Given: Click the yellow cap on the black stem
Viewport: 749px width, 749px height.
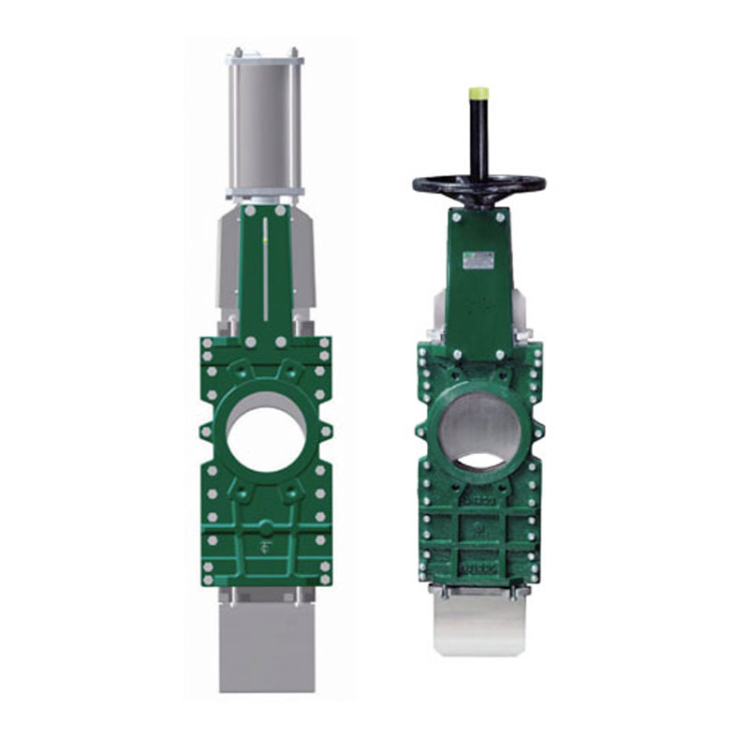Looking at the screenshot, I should click(478, 94).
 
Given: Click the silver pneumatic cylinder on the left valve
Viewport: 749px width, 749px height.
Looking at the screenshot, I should click(265, 122).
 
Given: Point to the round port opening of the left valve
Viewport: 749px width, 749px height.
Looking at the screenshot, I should click(267, 433).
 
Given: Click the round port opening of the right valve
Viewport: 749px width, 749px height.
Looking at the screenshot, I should click(480, 429).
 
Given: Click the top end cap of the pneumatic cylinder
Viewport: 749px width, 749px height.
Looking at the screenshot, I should click(265, 58).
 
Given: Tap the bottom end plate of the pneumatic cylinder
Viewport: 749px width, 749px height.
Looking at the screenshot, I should click(265, 192).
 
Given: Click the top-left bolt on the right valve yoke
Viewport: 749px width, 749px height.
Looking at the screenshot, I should click(454, 217).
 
